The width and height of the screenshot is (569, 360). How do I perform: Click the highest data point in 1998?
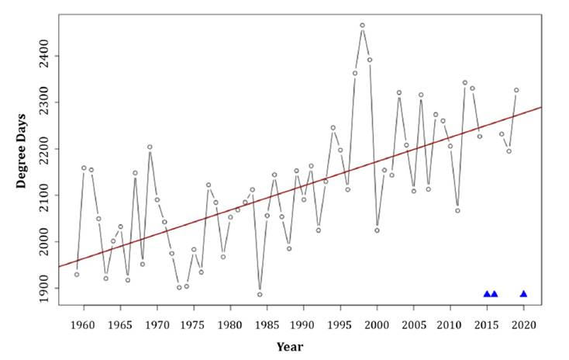[x=362, y=26]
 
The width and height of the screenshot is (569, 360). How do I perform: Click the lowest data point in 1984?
[x=260, y=294]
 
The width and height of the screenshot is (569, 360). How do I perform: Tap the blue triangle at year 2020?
[x=523, y=294]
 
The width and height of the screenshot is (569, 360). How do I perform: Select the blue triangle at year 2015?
[x=487, y=294]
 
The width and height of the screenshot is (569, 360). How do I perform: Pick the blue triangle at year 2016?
[x=495, y=294]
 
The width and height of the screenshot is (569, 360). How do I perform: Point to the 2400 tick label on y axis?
[x=47, y=56]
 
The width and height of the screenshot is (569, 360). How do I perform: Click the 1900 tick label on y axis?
[x=47, y=288]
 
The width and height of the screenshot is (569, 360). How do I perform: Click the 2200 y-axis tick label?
[x=47, y=149]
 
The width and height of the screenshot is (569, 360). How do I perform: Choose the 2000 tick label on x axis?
[x=377, y=324]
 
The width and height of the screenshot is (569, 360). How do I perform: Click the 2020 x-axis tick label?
[x=523, y=324]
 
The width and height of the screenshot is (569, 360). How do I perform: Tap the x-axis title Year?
[x=290, y=347]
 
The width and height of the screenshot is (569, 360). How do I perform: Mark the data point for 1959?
[x=77, y=274]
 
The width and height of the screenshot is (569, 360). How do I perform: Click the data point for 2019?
[x=516, y=90]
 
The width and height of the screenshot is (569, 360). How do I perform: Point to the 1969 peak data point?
[x=150, y=147]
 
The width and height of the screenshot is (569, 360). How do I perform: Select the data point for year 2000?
[x=377, y=230]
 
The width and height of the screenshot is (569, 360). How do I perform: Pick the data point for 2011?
[x=457, y=210]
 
